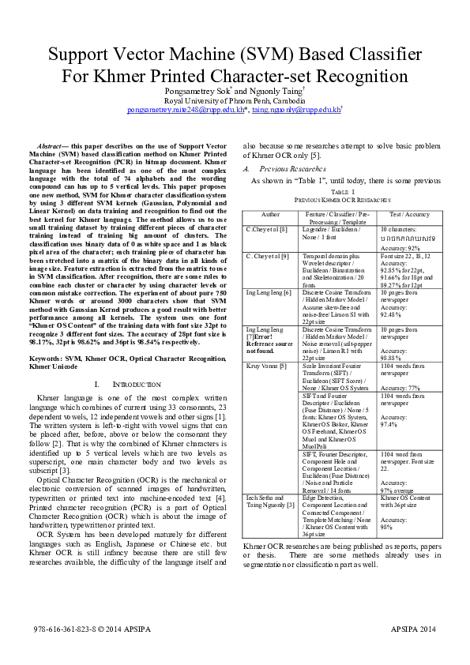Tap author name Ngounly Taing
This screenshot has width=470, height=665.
(x=268, y=92)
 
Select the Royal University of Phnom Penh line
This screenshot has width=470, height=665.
(x=235, y=101)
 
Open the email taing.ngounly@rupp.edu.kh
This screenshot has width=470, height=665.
(x=296, y=111)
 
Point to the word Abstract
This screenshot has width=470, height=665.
(x=51, y=147)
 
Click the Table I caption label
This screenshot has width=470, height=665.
(x=342, y=192)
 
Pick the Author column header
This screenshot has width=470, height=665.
(x=270, y=214)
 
